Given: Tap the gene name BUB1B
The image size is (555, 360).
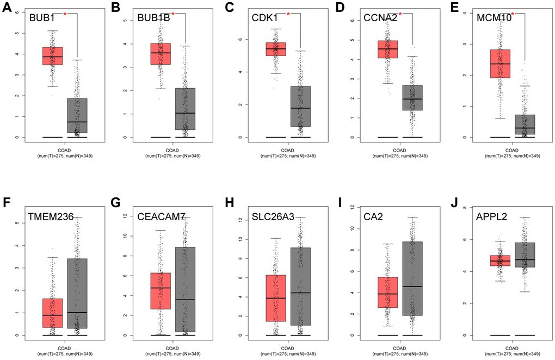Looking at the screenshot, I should tap(153, 18).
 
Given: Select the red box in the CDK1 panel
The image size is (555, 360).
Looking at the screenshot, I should tap(275, 49).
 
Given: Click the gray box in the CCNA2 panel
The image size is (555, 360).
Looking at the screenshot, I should tap(412, 98).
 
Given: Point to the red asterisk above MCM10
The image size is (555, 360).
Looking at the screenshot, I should tap(513, 14).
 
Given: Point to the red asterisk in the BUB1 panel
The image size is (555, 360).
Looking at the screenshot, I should tap(65, 14).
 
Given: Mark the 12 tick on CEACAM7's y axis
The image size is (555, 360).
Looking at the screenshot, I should tap(125, 216).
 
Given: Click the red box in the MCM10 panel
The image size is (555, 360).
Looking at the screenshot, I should tap(500, 64).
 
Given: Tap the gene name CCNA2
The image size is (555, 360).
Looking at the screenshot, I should tap(380, 18).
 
